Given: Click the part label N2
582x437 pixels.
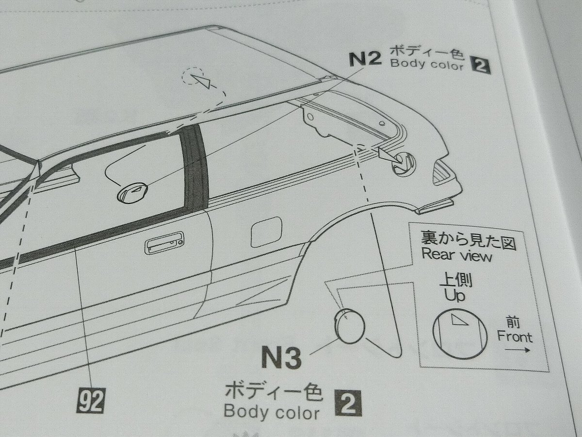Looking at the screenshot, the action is [x=365, y=59].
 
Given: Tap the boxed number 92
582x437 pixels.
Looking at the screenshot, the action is [x=91, y=401].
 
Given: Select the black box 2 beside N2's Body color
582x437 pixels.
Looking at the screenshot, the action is [x=481, y=65].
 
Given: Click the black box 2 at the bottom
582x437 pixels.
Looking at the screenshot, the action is [x=348, y=403].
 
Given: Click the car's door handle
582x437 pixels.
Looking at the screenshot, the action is [x=164, y=243].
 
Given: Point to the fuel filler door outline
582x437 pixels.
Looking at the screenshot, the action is [x=266, y=232].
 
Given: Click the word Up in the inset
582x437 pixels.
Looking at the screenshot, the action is [x=455, y=295].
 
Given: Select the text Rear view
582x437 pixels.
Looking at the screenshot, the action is [x=456, y=255].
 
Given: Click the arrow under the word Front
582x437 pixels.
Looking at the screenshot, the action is [x=517, y=350].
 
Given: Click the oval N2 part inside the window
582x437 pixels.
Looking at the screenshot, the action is [x=132, y=193].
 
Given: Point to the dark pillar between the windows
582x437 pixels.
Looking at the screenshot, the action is [x=194, y=168].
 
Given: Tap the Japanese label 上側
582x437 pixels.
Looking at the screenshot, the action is [x=456, y=280].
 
